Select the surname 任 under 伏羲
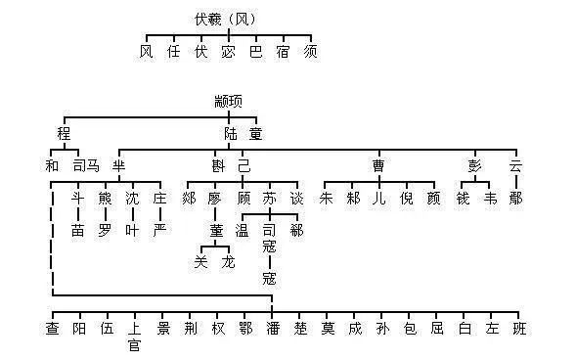pyautogui.click(x=174, y=51)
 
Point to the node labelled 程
pyautogui.click(x=66, y=132)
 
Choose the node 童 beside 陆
pyautogui.click(x=254, y=132)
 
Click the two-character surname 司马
pyautogui.click(x=86, y=165)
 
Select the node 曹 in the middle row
pyautogui.click(x=378, y=165)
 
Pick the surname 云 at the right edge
pyautogui.click(x=515, y=165)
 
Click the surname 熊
pyautogui.click(x=106, y=199)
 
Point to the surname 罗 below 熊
pyautogui.click(x=106, y=231)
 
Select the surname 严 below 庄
pyautogui.click(x=159, y=231)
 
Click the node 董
pyautogui.click(x=215, y=231)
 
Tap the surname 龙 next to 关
pyautogui.click(x=228, y=262)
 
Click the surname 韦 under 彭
pyautogui.click(x=489, y=199)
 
